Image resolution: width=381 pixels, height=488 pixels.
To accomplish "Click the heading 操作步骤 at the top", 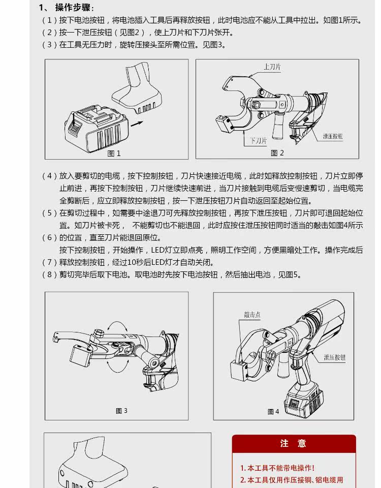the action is pos(74,8).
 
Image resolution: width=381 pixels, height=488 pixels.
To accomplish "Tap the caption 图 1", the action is pos(114,154).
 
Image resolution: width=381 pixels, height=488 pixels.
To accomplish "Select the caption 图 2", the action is pos(277,153).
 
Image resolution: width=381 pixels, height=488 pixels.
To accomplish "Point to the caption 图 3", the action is pos(121,411).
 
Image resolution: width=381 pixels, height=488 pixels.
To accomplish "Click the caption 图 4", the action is pos(273,412).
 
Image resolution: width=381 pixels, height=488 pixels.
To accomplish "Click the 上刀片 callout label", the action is pos(272,67).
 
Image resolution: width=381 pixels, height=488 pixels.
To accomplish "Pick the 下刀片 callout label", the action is pos(258,141).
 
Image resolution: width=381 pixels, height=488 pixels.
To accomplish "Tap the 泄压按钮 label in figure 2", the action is pos(333,136).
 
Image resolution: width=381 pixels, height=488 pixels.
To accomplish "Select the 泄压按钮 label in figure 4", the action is pos(335,357).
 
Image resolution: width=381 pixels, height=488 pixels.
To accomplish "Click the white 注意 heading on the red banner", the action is pos(293,444).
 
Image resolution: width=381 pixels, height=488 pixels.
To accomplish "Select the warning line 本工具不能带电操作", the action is pos(277,468).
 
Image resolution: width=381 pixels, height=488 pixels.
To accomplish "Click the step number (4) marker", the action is pos(49,176).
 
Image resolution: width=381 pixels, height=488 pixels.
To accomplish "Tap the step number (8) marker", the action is pos(49,275).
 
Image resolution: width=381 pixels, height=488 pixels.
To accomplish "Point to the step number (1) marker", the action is pos(49,20).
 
